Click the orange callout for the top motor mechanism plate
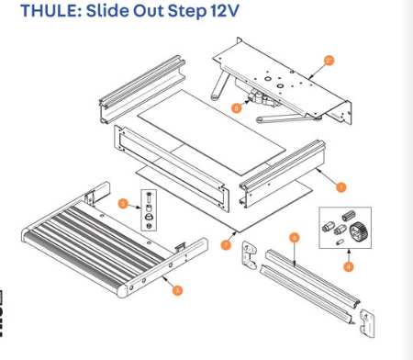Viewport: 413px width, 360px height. pyautogui.click(x=328, y=60)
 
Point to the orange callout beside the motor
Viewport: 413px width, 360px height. pyautogui.click(x=236, y=107)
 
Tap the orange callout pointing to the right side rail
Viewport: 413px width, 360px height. pyautogui.click(x=340, y=186)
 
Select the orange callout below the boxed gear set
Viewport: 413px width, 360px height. pyautogui.click(x=348, y=267)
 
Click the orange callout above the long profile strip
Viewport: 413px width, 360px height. pyautogui.click(x=294, y=237)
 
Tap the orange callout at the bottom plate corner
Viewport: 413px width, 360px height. pyautogui.click(x=226, y=245)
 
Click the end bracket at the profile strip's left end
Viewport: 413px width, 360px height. pyautogui.click(x=247, y=253)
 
